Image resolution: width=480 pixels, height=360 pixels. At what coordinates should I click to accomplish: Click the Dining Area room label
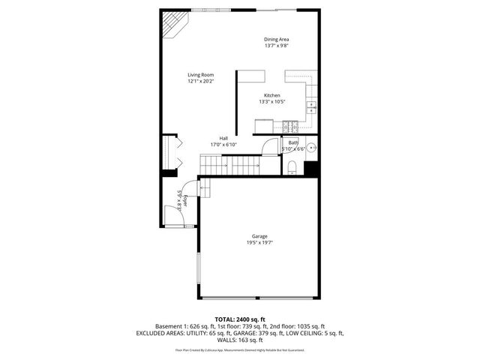click(x=276, y=39)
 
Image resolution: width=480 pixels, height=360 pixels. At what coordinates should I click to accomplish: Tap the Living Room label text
click(x=201, y=74)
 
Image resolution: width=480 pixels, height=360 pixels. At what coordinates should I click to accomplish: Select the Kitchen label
click(x=271, y=95)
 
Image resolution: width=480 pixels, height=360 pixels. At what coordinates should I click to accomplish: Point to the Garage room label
click(x=259, y=236)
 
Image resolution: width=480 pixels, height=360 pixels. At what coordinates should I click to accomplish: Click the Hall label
click(x=223, y=138)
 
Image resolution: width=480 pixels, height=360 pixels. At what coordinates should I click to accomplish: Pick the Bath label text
click(x=293, y=142)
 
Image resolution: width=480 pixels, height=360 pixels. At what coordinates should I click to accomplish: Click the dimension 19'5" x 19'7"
click(x=259, y=243)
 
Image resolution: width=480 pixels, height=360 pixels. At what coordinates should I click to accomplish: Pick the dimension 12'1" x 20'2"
click(x=201, y=81)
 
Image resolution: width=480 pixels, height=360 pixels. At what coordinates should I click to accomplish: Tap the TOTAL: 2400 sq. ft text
click(x=240, y=319)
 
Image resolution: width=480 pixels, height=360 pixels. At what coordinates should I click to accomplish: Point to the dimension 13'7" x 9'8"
click(x=276, y=46)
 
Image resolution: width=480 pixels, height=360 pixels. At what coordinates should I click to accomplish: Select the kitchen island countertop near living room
click(x=252, y=76)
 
